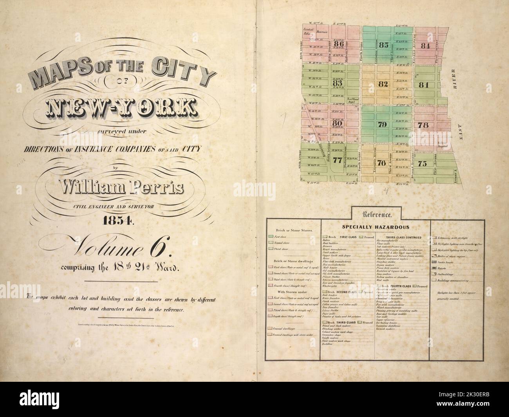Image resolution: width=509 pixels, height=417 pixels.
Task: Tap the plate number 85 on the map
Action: click(384, 45)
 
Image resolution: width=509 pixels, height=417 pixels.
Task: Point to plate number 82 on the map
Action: click(383, 84)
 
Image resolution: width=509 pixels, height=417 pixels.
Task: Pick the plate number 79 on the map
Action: click(383, 125)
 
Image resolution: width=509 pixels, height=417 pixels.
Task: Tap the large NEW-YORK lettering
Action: click(121, 107)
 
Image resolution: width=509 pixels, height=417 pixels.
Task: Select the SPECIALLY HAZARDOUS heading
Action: click(375, 227)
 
